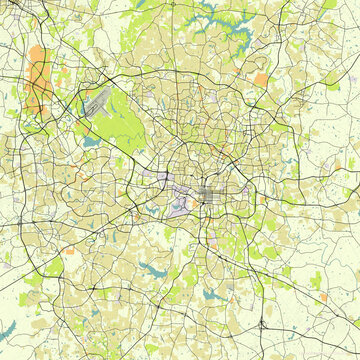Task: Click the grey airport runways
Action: tap(98, 101)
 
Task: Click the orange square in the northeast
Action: tap(261, 78)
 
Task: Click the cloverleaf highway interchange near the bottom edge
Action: tap(262, 323)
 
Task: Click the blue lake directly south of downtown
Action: tap(210, 294)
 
